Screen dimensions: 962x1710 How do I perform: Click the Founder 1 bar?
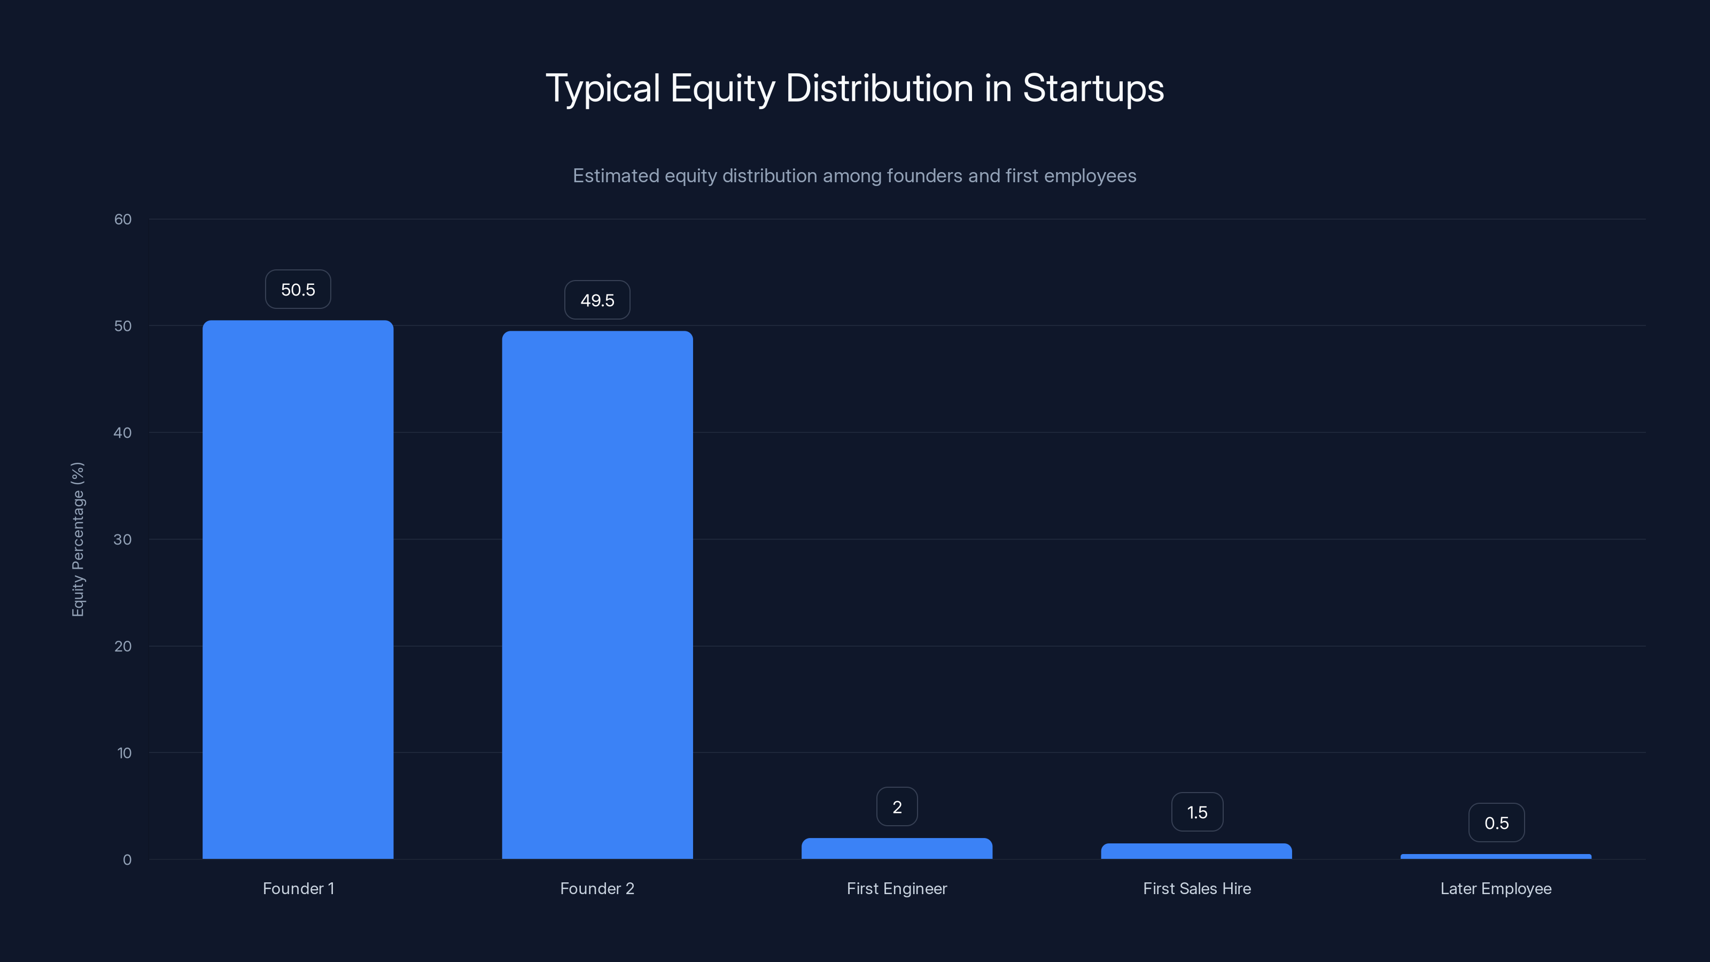(x=298, y=589)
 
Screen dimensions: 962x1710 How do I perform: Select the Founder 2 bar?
(x=597, y=595)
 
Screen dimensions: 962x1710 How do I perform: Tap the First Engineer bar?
(x=897, y=849)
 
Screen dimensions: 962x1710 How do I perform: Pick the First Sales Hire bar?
(x=1196, y=851)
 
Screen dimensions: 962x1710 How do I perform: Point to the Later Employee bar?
(x=1496, y=856)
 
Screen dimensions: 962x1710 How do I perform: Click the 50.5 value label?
(x=298, y=290)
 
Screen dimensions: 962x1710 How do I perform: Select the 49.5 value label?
(x=597, y=300)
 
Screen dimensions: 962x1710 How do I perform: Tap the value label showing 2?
(x=897, y=806)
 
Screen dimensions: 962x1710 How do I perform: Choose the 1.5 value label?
(x=1197, y=812)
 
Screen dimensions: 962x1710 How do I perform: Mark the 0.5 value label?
(x=1496, y=823)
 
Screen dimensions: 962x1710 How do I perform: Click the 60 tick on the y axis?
(x=123, y=219)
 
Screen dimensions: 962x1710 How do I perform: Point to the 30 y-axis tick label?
(x=123, y=539)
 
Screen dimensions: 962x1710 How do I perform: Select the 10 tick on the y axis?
(x=124, y=753)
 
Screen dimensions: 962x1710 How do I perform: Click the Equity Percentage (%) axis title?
(x=77, y=539)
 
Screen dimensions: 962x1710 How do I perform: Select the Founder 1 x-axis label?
(x=298, y=888)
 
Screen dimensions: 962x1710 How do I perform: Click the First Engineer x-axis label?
(x=897, y=888)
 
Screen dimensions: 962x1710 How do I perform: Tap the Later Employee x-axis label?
(x=1496, y=888)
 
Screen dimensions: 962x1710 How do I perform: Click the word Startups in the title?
(x=1093, y=88)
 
